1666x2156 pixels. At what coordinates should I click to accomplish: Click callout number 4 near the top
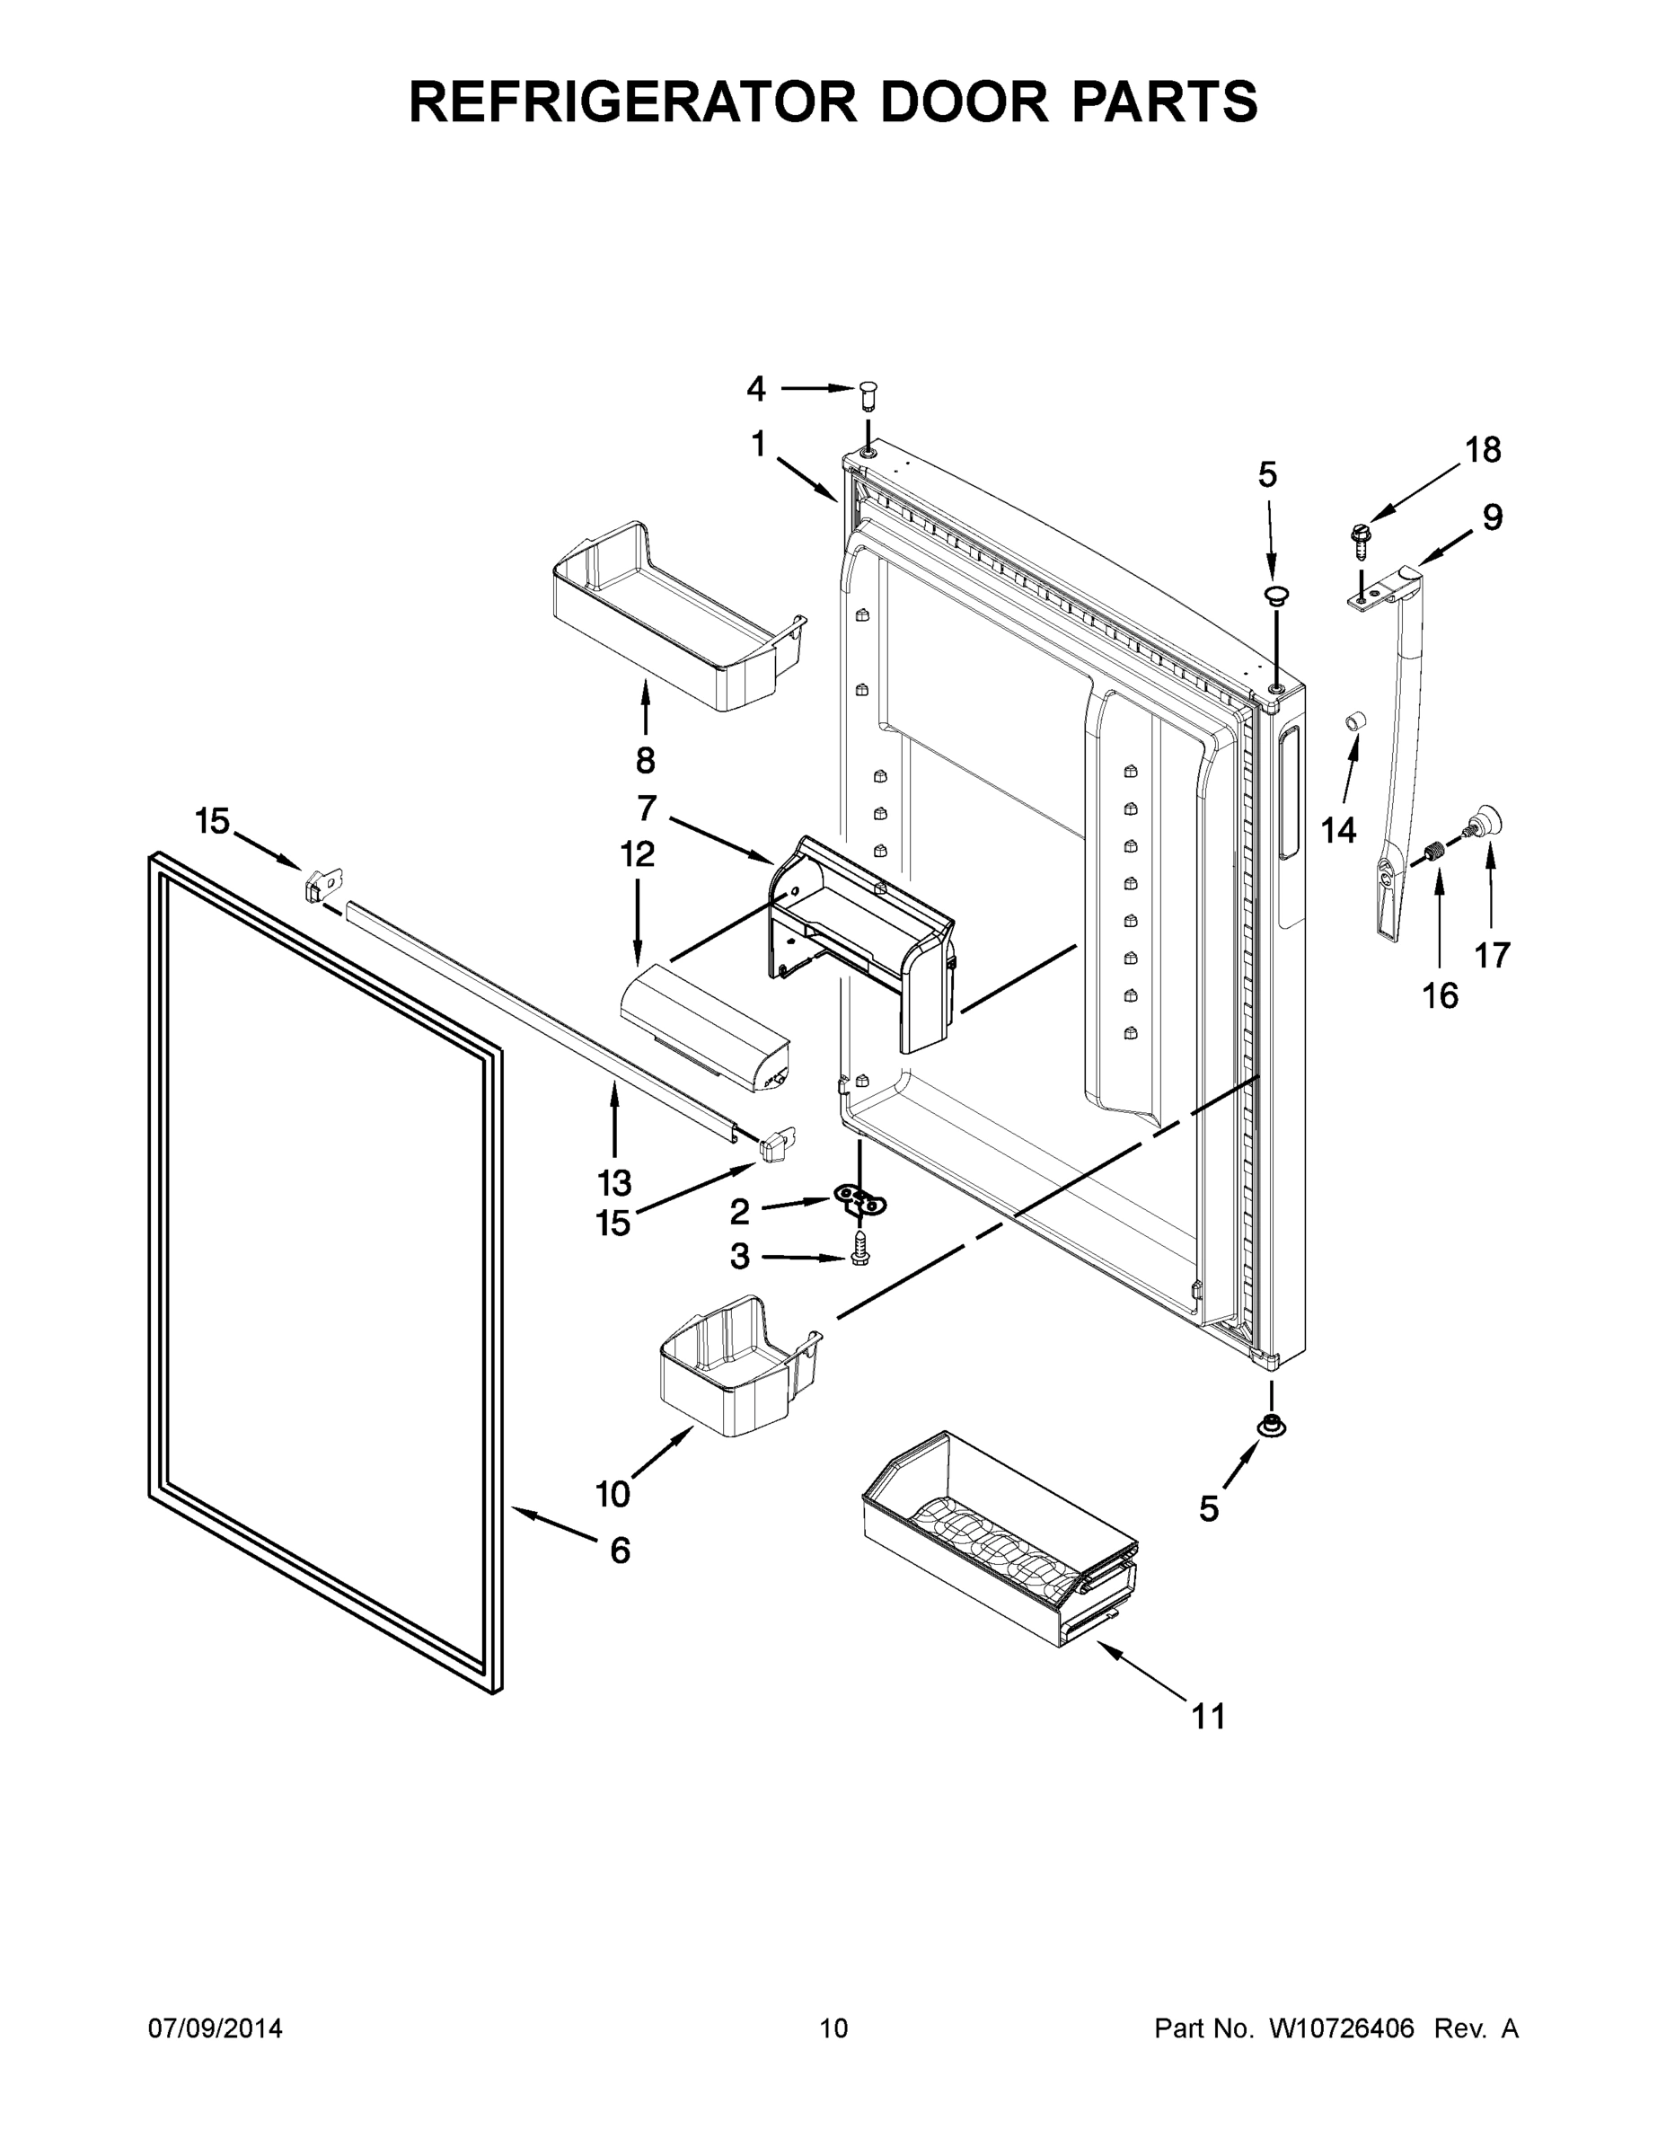coord(756,389)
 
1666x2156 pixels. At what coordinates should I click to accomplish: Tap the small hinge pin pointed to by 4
coord(868,396)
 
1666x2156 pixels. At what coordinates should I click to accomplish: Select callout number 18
coord(1483,450)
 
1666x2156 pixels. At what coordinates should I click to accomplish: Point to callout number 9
coord(1493,517)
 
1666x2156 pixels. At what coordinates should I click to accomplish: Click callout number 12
coord(638,854)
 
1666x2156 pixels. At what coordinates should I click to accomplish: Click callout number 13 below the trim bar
coord(614,1181)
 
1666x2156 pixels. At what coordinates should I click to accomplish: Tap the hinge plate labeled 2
coord(860,1201)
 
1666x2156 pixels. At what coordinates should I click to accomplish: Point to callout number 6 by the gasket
coord(619,1551)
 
